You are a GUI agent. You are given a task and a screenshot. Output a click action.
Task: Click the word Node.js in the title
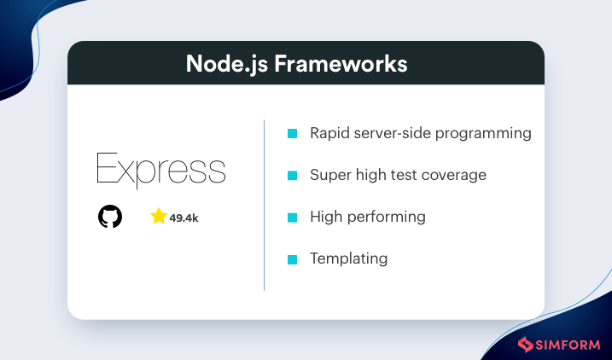[x=227, y=64]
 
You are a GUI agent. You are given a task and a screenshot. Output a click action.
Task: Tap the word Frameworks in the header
[x=341, y=63]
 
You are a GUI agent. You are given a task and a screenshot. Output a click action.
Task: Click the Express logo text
[x=160, y=171]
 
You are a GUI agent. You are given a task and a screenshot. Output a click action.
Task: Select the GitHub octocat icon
[x=110, y=217]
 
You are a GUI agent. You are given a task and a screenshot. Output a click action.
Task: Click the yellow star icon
[x=159, y=216]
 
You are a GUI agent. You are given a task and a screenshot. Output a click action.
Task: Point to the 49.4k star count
[x=184, y=218]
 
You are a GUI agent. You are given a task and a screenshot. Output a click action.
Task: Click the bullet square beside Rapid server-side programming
[x=292, y=133]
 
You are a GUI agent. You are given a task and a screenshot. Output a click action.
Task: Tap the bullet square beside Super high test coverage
[x=292, y=176]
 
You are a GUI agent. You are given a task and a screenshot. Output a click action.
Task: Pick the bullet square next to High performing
[x=292, y=218]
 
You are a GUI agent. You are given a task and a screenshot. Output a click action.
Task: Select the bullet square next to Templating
[x=292, y=259]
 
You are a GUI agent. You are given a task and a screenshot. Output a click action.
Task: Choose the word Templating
[x=349, y=259]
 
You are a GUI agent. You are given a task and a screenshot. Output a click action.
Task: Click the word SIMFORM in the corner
[x=568, y=345]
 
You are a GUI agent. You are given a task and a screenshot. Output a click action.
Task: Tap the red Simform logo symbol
[x=525, y=345]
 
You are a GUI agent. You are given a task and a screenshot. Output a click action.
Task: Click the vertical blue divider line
[x=265, y=205]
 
